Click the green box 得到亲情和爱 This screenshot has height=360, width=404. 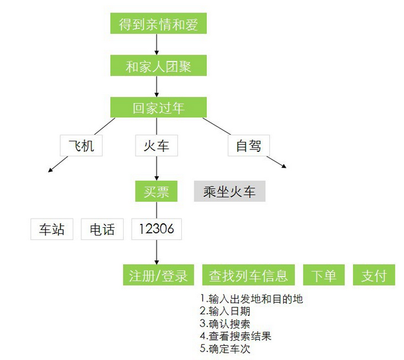pos(159,23)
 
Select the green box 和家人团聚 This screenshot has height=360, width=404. pos(159,65)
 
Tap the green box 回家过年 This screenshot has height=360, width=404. pos(159,107)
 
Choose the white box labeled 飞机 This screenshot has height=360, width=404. pos(81,145)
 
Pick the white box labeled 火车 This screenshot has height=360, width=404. pos(157,145)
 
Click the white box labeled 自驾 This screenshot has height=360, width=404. pos(249,145)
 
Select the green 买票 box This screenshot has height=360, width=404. pos(157,191)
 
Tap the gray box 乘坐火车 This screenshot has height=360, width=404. pos(229,191)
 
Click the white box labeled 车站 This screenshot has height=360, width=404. pos(52,229)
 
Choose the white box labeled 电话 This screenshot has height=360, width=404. pos(102,229)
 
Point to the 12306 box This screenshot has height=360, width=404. pos(157,229)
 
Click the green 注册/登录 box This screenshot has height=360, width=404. pos(159,275)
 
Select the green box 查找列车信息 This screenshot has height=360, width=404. pos(249,275)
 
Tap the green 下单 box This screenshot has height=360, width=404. pos(324,275)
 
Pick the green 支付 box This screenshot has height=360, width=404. pos(374,275)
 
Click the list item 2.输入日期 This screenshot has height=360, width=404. pos(225,311)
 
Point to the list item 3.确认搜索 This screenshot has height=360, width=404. pos(225,324)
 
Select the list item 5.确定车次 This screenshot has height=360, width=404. pos(225,349)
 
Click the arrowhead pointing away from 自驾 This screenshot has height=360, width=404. pos(284,166)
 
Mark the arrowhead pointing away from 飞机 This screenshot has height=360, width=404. pos(50,170)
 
